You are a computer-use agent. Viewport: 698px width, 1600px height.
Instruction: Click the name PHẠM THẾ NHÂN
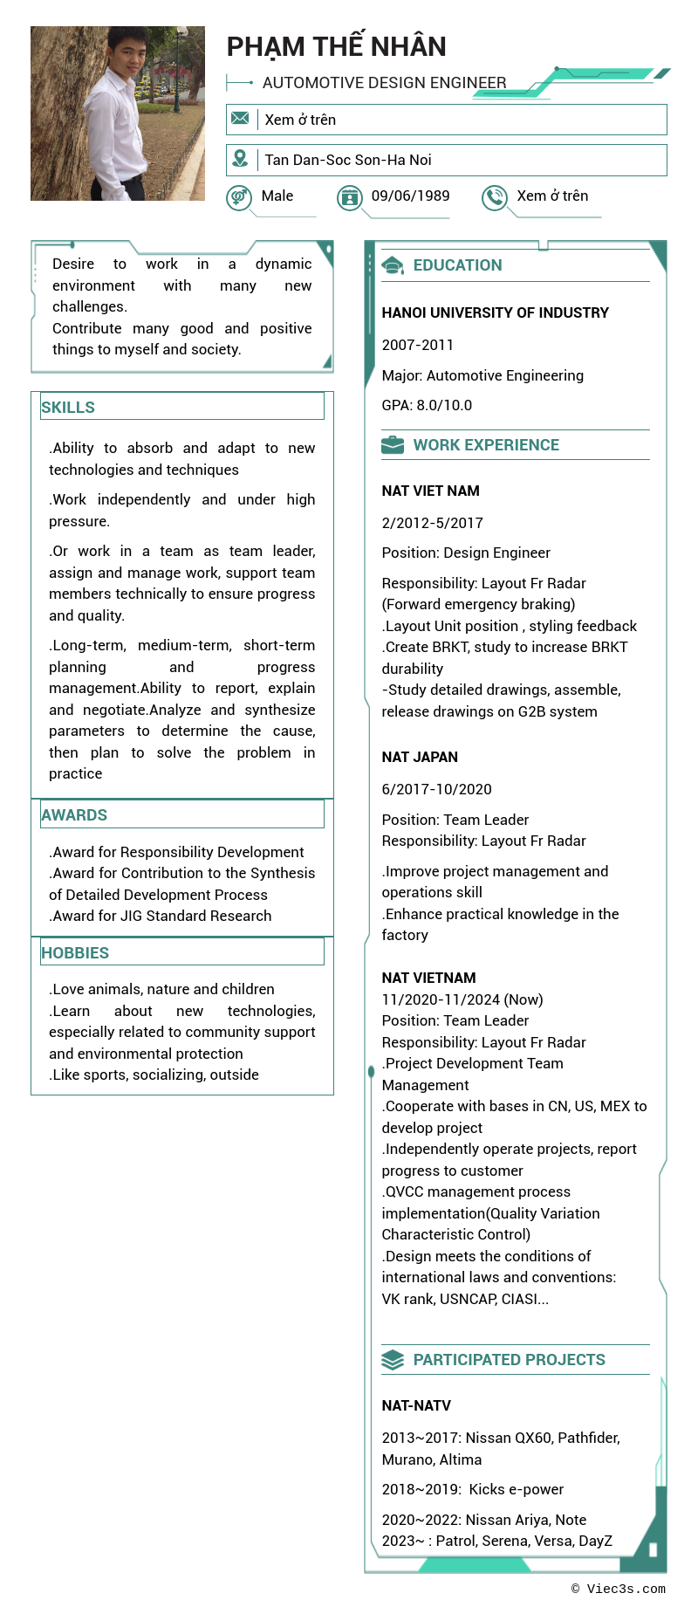click(x=336, y=46)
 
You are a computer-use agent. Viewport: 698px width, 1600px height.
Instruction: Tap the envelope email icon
click(x=240, y=119)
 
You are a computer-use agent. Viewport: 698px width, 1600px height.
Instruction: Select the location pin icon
click(x=240, y=159)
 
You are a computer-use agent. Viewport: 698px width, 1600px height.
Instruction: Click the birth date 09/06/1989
click(x=410, y=196)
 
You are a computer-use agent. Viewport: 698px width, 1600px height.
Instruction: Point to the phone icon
click(x=495, y=197)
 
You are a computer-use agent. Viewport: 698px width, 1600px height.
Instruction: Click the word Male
click(x=277, y=196)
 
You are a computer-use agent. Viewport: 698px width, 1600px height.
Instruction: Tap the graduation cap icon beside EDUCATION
click(x=393, y=265)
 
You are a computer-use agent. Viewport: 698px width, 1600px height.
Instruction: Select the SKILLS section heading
click(x=68, y=407)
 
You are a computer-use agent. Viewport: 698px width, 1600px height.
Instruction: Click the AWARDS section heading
click(x=74, y=814)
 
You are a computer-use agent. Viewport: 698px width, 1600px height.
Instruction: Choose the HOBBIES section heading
click(x=75, y=952)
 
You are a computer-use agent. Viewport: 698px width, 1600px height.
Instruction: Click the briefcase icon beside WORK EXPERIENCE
click(x=393, y=445)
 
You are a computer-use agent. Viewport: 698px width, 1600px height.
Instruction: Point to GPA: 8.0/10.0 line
click(x=427, y=405)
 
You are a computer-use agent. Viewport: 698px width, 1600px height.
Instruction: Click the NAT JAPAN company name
click(x=420, y=757)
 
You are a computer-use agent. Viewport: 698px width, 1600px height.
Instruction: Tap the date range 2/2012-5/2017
click(x=432, y=523)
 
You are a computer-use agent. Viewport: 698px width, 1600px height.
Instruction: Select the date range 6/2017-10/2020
click(x=436, y=789)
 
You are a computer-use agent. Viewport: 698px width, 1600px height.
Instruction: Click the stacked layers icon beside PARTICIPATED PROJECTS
click(x=393, y=1360)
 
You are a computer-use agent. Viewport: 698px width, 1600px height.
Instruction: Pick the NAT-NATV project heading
click(x=416, y=1405)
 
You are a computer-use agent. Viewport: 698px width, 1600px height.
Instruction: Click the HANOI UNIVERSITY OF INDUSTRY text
click(x=495, y=312)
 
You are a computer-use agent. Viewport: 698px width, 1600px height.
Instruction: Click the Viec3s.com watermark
click(x=619, y=1589)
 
